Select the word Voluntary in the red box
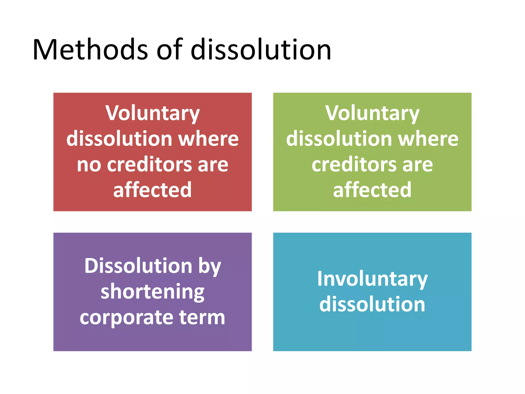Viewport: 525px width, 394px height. (153, 113)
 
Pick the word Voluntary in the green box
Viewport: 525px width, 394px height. (372, 113)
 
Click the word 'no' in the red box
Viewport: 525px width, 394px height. (89, 165)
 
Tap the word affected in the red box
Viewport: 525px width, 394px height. (153, 190)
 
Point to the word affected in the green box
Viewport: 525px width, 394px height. (372, 190)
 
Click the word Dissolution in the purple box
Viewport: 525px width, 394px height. (138, 266)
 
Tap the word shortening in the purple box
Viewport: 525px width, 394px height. (153, 292)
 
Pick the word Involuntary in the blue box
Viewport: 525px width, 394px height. (372, 279)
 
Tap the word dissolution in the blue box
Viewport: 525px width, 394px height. (372, 304)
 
